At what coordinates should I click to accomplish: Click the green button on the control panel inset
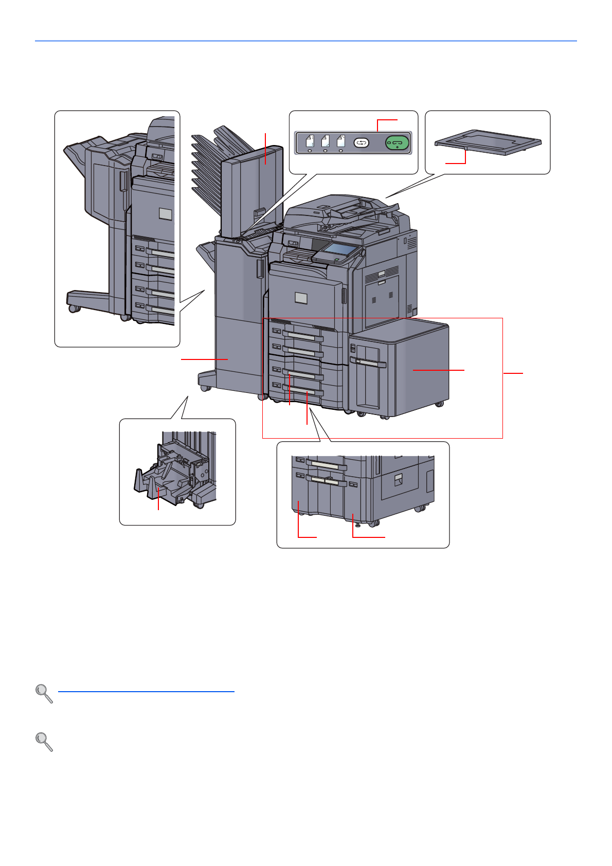397,142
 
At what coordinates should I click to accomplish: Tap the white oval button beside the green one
362,142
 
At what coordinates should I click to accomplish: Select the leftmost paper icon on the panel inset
310,142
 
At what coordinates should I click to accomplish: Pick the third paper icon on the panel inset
340,142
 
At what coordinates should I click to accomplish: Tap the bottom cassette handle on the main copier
303,392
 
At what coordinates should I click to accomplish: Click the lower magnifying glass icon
44,742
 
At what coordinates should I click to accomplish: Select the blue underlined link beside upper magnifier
146,692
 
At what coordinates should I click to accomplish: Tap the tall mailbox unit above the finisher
252,190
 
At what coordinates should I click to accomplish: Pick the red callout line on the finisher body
204,359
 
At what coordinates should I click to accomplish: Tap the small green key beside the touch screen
336,261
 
